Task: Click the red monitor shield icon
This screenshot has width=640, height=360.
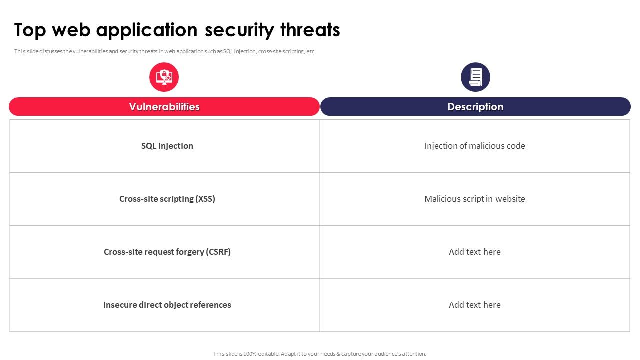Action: tap(164, 77)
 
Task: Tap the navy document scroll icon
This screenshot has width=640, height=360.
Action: tap(475, 77)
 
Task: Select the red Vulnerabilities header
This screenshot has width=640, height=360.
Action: tap(164, 107)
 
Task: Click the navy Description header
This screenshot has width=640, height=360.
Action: tap(475, 107)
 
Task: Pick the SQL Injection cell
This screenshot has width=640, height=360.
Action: tap(167, 146)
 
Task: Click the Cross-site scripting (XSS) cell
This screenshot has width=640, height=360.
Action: tap(167, 199)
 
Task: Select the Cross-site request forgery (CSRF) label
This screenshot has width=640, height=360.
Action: tap(167, 252)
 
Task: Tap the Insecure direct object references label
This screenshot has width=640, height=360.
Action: tap(167, 305)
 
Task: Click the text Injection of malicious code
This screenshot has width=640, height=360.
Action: tap(474, 146)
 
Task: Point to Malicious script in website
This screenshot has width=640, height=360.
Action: tap(474, 199)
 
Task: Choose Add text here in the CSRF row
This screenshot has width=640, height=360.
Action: tap(474, 252)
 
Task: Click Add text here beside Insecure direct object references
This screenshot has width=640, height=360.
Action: tap(474, 305)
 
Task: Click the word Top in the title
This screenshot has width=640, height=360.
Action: tap(30, 30)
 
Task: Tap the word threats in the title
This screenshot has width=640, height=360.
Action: tap(310, 30)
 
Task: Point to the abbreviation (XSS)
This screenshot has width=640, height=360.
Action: tap(205, 199)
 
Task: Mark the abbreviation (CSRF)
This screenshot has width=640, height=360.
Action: tap(218, 252)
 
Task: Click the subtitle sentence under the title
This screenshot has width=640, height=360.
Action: tap(165, 51)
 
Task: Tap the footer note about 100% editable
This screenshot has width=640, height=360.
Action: tap(320, 354)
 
